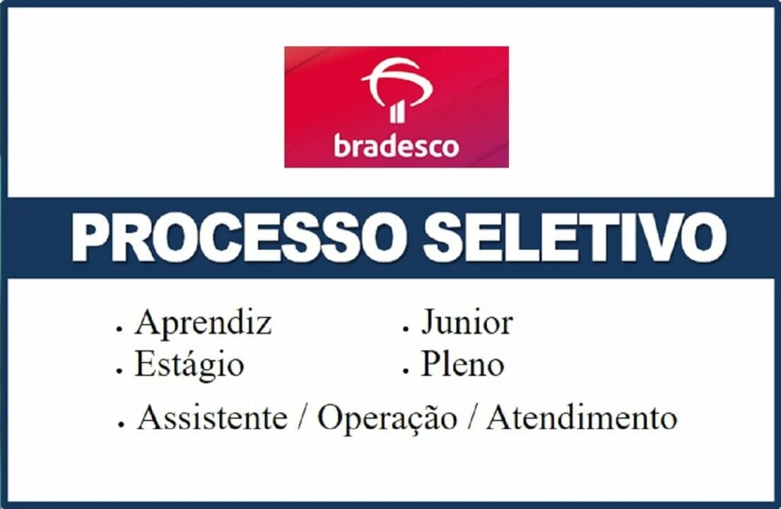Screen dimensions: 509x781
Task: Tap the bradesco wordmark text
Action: click(x=396, y=146)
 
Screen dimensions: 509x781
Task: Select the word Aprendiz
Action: click(x=204, y=324)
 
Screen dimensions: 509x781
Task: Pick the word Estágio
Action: click(x=189, y=365)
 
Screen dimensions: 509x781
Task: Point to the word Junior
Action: click(x=467, y=323)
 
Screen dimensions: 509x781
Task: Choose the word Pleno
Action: click(x=463, y=365)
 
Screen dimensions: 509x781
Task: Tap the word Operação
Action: click(x=387, y=419)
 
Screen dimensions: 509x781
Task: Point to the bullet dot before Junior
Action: click(x=406, y=329)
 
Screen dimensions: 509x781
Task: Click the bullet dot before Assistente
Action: click(x=122, y=424)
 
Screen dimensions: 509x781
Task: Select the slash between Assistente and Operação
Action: click(x=303, y=419)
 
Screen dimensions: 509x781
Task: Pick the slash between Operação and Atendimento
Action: click(x=471, y=419)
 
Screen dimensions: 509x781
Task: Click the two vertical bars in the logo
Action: click(x=397, y=111)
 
